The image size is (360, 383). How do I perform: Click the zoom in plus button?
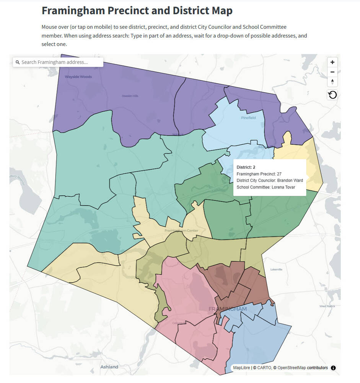pyautogui.click(x=332, y=62)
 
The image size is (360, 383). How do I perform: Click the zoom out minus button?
pyautogui.click(x=332, y=72)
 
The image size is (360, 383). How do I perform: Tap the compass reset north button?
pyautogui.click(x=332, y=82)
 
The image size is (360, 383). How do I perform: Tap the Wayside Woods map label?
pyautogui.click(x=78, y=77)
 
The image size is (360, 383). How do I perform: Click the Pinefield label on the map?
pyautogui.click(x=248, y=118)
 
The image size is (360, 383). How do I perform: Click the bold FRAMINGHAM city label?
pyautogui.click(x=228, y=309)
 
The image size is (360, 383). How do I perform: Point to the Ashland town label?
pyautogui.click(x=109, y=367)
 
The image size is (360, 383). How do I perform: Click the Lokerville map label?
pyautogui.click(x=276, y=270)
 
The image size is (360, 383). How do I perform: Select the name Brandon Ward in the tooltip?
pyautogui.click(x=290, y=180)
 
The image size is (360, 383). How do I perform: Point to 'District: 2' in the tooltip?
pyautogui.click(x=246, y=167)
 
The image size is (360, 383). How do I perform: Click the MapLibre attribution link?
pyautogui.click(x=242, y=368)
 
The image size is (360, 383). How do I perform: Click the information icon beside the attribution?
pyautogui.click(x=333, y=368)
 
